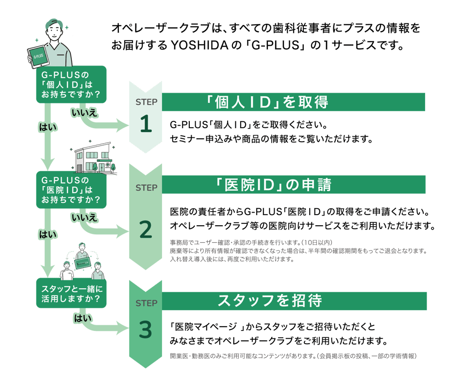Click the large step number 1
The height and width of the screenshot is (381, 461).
click(x=146, y=124)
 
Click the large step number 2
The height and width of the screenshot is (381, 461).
click(x=146, y=230)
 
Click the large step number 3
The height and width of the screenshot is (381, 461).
click(x=146, y=330)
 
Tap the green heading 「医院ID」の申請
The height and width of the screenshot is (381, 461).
click(x=274, y=185)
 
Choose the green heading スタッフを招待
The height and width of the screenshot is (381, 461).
click(x=270, y=301)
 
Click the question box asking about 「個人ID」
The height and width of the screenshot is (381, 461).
click(x=71, y=84)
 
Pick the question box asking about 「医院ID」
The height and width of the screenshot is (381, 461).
click(x=71, y=189)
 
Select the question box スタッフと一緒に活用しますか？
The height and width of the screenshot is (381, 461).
click(x=71, y=292)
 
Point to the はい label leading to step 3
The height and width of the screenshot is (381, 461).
click(x=81, y=318)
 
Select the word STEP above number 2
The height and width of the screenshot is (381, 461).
click(x=146, y=187)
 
